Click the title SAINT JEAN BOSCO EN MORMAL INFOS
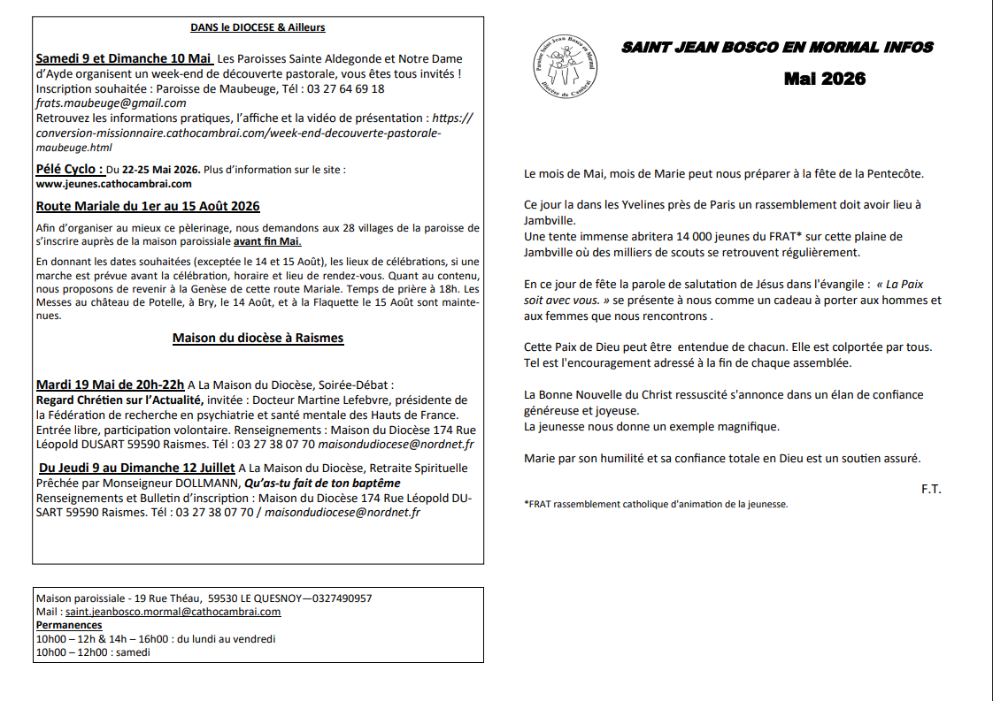(x=777, y=48)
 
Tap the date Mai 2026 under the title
(x=824, y=79)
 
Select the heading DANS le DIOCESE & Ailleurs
(x=258, y=27)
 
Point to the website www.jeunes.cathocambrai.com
(x=113, y=184)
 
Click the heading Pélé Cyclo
(x=69, y=169)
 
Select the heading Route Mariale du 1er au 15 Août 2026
(x=148, y=206)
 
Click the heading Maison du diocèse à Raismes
(x=258, y=338)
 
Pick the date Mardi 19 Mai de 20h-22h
(x=111, y=385)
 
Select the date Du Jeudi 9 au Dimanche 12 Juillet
(x=137, y=468)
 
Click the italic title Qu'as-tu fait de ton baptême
(x=322, y=483)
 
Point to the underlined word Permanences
(x=69, y=625)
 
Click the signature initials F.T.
(x=930, y=489)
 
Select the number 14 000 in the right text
(x=692, y=237)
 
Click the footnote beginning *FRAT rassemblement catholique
(x=656, y=505)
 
